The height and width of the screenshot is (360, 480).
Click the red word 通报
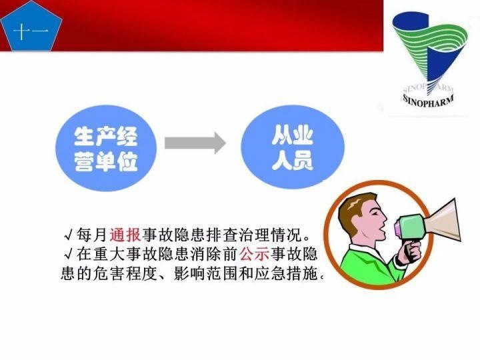[125, 235]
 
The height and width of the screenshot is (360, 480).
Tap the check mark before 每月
[68, 236]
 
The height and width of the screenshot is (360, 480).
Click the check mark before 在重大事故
[68, 255]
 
